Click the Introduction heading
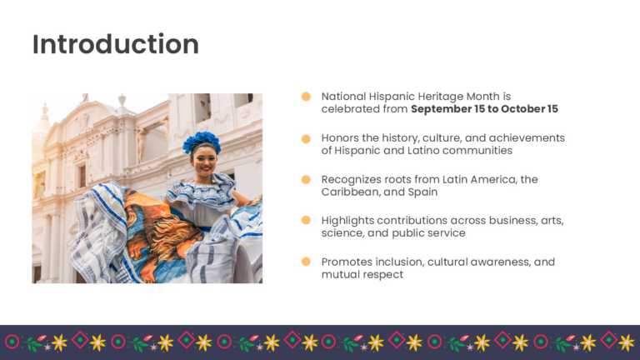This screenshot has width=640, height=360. tap(115, 44)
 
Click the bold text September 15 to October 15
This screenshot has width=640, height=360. tap(484, 109)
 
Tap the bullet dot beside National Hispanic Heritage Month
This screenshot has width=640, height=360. tap(306, 97)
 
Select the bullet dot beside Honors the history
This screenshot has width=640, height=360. tap(306, 138)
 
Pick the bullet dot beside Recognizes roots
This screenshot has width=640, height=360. tap(306, 179)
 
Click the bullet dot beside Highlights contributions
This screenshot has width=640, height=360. tap(306, 221)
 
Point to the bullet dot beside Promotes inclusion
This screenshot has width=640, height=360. tap(306, 262)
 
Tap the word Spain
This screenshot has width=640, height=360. tap(422, 192)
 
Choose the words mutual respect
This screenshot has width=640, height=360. tap(362, 274)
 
